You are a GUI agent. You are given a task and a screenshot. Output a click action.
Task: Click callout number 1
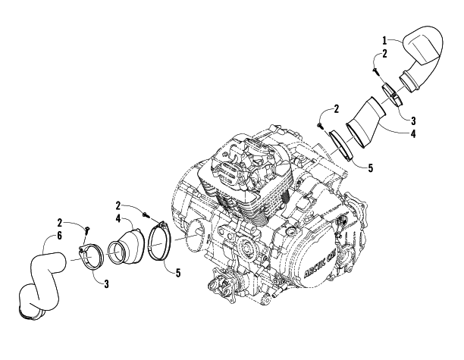(x=384, y=40)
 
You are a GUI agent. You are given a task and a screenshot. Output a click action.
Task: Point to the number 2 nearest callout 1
(x=384, y=54)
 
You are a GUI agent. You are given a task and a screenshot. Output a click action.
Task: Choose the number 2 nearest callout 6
(x=60, y=223)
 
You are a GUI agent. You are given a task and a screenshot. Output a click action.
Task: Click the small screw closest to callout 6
(x=87, y=229)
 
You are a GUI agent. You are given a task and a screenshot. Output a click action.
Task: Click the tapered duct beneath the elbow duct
(x=365, y=122)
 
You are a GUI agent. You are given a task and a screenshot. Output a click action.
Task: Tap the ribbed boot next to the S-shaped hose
(x=126, y=246)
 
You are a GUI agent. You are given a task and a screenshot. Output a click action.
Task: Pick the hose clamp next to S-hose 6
(x=91, y=257)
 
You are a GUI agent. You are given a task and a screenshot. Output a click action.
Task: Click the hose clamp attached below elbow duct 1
(x=392, y=95)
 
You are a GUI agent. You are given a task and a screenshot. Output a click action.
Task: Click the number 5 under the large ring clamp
(x=178, y=273)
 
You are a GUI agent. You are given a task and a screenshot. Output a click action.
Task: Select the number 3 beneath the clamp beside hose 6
(x=106, y=284)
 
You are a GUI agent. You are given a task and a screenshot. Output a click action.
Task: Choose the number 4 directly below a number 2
(x=118, y=219)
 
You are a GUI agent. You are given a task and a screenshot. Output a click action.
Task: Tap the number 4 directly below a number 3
(x=413, y=134)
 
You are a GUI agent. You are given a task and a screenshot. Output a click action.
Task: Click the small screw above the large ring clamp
(x=145, y=214)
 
